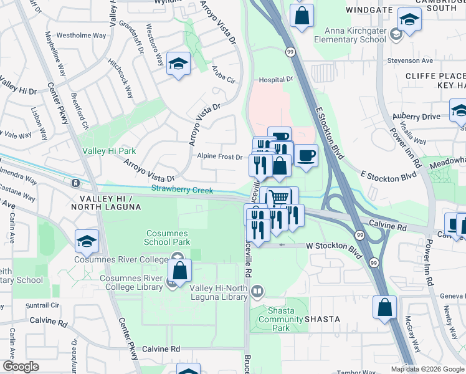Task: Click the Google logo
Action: pyautogui.click(x=21, y=367)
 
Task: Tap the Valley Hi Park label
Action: pyautogui.click(x=109, y=151)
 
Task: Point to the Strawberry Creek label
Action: pyautogui.click(x=182, y=189)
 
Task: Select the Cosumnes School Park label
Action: pyautogui.click(x=166, y=237)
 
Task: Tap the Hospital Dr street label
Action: pyautogui.click(x=276, y=80)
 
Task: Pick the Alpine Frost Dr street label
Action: pyautogui.click(x=220, y=156)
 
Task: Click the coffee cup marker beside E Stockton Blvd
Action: pyautogui.click(x=305, y=155)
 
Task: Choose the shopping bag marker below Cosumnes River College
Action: pyautogui.click(x=179, y=272)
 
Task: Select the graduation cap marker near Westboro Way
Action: pyautogui.click(x=178, y=65)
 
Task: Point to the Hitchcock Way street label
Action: pyautogui.click(x=120, y=79)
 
